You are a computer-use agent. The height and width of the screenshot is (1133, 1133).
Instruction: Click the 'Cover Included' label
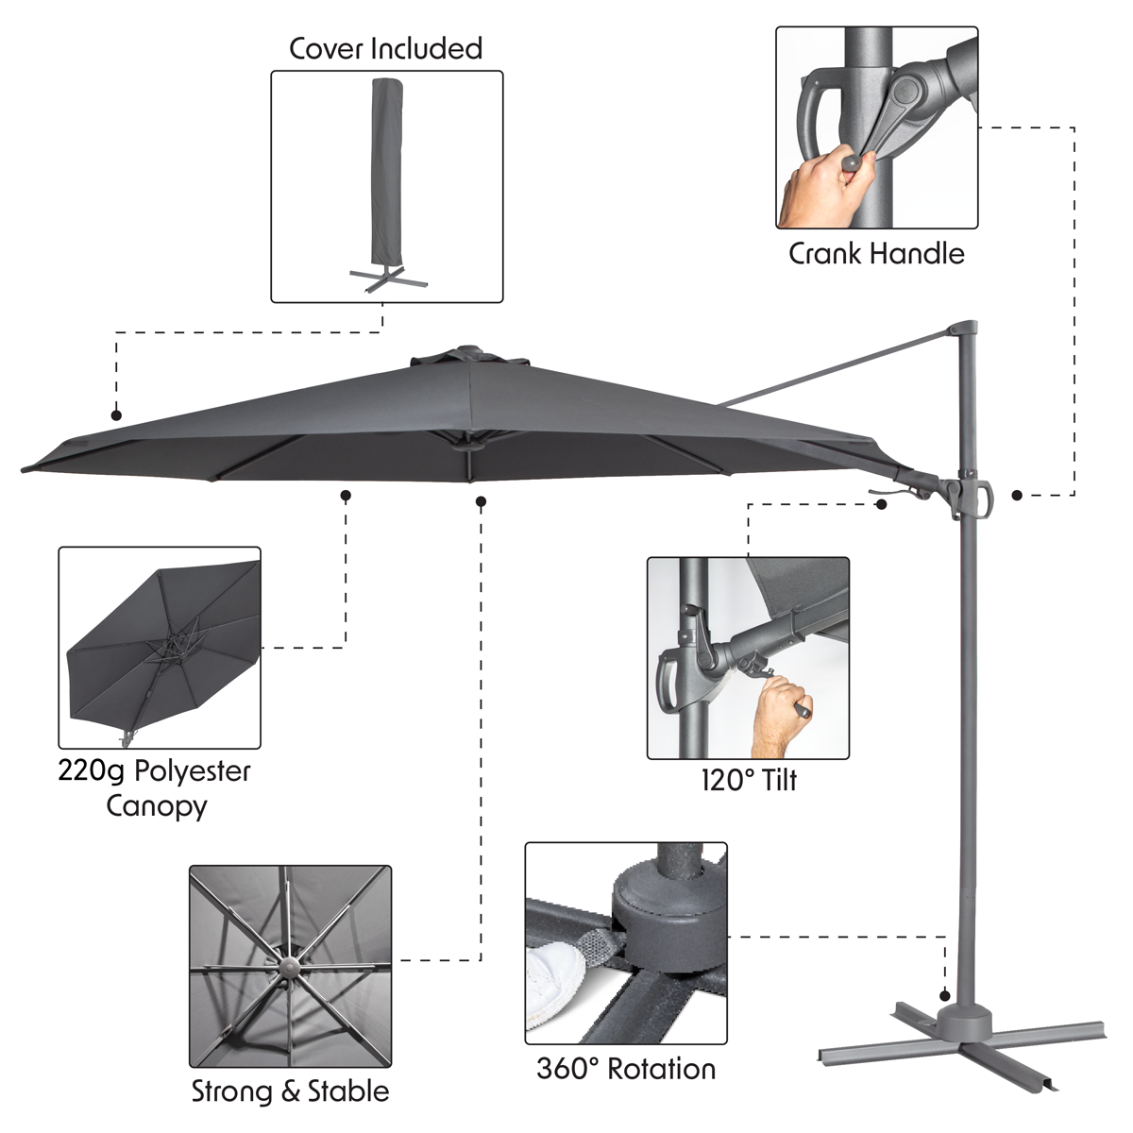tap(386, 48)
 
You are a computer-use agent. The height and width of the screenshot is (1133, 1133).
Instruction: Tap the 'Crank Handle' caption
tap(876, 254)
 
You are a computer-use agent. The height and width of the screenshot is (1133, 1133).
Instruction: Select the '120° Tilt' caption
tap(749, 781)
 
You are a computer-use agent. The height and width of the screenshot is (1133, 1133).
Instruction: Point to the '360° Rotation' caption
tap(626, 1069)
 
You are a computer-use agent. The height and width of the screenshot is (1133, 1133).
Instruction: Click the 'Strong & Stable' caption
tap(291, 1091)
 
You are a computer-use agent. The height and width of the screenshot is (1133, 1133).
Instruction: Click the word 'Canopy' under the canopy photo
tap(157, 806)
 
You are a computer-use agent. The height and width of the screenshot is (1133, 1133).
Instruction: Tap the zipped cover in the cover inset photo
tap(386, 175)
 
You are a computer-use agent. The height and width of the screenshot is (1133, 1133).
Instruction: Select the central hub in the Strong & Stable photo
tap(289, 967)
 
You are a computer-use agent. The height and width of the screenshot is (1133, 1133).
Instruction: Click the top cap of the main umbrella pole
tap(964, 328)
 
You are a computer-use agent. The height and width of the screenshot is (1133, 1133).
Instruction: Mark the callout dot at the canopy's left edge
tap(116, 415)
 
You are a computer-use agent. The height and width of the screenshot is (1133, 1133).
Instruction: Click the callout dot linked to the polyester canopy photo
tap(346, 496)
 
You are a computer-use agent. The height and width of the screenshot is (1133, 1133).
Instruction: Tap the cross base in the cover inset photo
tap(387, 279)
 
